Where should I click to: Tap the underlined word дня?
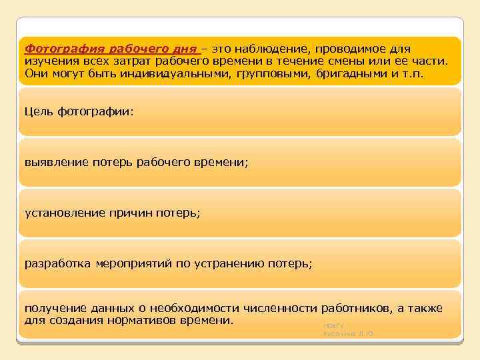tap(185, 49)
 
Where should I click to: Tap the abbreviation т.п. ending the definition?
tap(412, 73)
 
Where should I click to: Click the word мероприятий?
tap(133, 264)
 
